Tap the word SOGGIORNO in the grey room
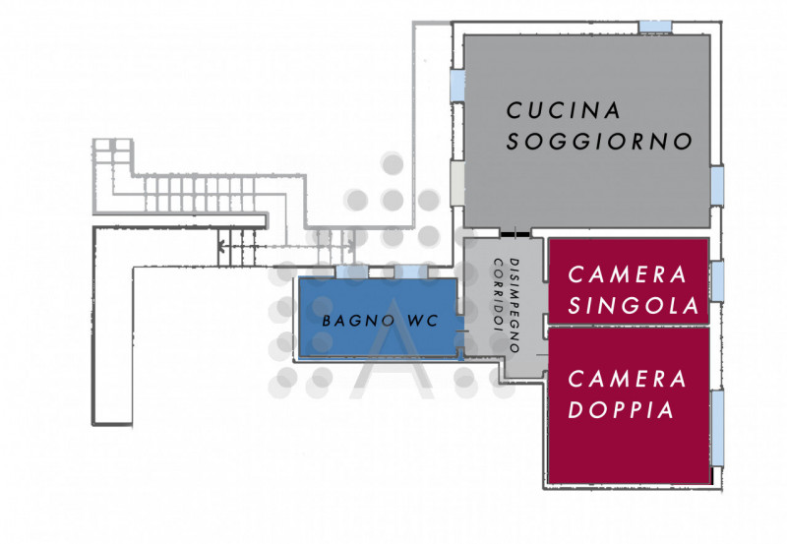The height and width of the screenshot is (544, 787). pyautogui.click(x=599, y=142)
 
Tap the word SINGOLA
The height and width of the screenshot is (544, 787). pyautogui.click(x=634, y=305)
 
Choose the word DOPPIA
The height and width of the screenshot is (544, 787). pyautogui.click(x=621, y=410)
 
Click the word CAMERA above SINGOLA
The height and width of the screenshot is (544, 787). pyautogui.click(x=627, y=274)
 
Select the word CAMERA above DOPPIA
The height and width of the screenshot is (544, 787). pyautogui.click(x=626, y=378)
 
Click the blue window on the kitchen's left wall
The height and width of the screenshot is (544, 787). pyautogui.click(x=456, y=83)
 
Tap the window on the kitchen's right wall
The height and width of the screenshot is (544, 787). pyautogui.click(x=717, y=181)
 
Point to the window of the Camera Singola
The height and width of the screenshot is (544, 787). pyautogui.click(x=717, y=279)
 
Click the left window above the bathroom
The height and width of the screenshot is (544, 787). pyautogui.click(x=350, y=271)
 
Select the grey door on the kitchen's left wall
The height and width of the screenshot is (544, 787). pyautogui.click(x=456, y=182)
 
